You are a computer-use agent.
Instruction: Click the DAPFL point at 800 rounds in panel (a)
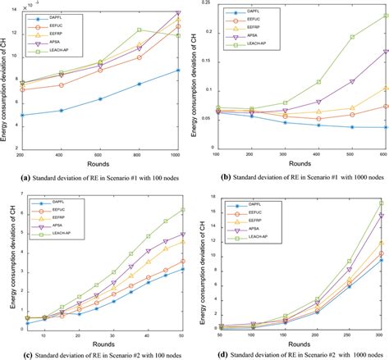[x=140, y=84]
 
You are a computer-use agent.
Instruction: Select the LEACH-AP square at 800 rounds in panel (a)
[x=140, y=30]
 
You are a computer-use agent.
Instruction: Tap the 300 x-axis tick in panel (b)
[x=261, y=153]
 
